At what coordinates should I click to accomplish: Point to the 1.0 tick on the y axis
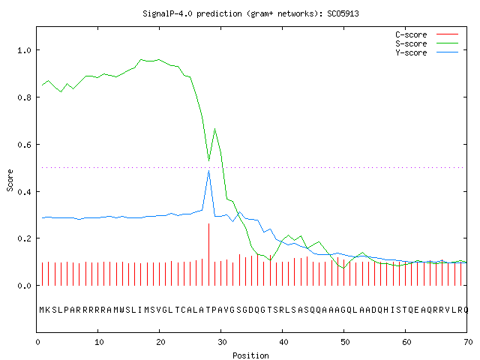(x=24, y=50)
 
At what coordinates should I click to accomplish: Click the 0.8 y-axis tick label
(x=24, y=97)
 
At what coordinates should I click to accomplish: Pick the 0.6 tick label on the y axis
(x=24, y=145)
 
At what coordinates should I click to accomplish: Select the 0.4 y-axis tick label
(x=24, y=192)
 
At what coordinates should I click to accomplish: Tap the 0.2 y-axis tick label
(x=24, y=238)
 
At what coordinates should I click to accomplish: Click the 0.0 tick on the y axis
(x=24, y=286)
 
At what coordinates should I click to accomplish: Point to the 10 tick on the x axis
(x=99, y=342)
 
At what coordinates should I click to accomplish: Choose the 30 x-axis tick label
(x=222, y=342)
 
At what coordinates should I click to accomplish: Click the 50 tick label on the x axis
(x=345, y=342)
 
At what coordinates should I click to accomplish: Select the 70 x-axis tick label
(x=468, y=342)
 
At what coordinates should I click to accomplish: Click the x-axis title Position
(x=250, y=355)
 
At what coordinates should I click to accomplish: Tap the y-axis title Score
(x=10, y=180)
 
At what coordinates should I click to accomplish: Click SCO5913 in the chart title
(x=343, y=13)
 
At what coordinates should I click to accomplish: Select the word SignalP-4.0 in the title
(x=167, y=13)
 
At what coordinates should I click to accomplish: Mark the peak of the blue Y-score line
(x=208, y=170)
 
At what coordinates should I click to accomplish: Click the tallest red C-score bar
(x=208, y=254)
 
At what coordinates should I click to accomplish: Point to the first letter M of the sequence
(x=42, y=310)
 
